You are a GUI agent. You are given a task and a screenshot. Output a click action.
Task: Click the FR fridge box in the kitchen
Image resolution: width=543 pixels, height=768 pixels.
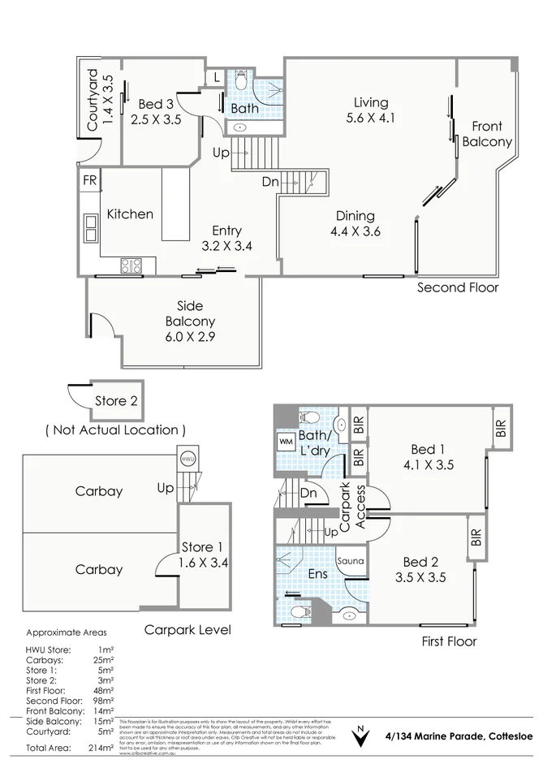point(88,180)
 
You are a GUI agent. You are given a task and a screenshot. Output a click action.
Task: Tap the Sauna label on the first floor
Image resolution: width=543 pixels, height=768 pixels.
point(351,561)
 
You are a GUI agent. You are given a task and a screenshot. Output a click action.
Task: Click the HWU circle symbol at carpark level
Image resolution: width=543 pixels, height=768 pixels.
point(187,458)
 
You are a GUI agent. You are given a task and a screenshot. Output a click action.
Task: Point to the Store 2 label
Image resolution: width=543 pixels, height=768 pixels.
point(116,400)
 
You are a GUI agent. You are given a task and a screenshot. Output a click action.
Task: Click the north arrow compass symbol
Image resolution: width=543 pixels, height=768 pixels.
point(358,738)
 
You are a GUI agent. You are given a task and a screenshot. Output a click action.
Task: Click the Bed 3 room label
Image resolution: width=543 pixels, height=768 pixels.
point(155,104)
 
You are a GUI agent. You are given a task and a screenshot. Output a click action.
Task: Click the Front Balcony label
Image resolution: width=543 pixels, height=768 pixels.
point(487,134)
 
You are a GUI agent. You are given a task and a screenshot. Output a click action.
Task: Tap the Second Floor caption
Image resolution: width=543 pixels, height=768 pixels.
point(458,287)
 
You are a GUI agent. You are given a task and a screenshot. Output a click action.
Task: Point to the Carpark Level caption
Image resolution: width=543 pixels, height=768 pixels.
point(187,629)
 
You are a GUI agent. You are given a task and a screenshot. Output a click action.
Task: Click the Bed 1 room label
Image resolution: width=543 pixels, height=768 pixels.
point(427,450)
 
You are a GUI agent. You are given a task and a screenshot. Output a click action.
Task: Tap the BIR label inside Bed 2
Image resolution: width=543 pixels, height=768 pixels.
point(475,539)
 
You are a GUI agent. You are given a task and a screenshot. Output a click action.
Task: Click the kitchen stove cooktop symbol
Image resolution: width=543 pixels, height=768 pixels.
point(131,265)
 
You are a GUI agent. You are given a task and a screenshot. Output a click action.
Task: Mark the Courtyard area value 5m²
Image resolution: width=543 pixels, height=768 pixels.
point(105,731)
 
